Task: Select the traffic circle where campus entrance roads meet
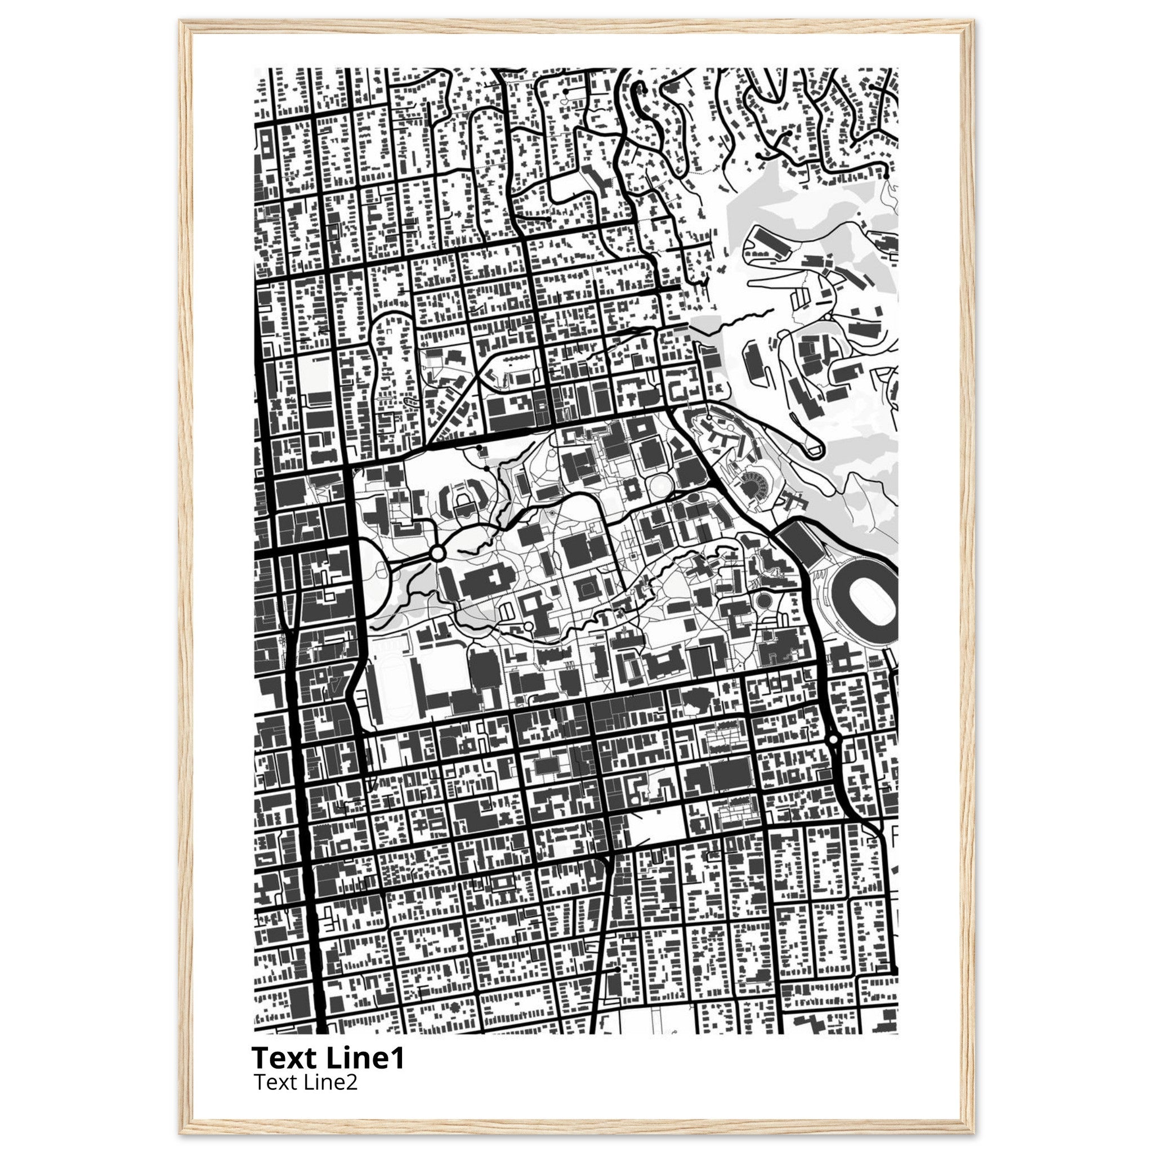click(437, 554)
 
